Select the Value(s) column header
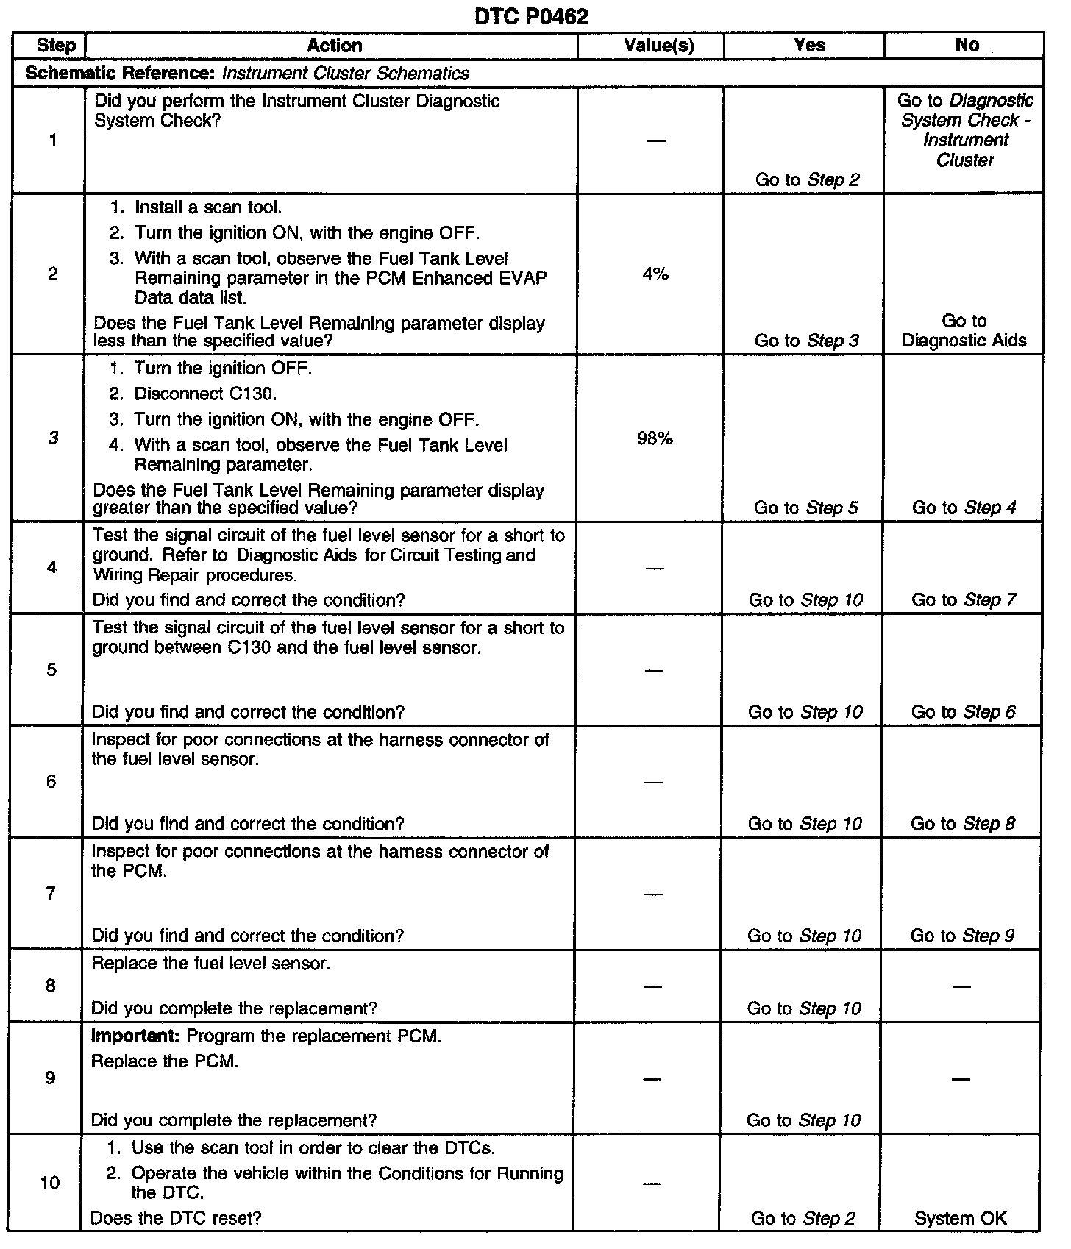pos(658,46)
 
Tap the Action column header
pos(334,46)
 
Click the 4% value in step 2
pos(655,274)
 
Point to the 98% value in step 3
pos(655,439)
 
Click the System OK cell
pos(960,1218)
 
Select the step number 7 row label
pos(51,893)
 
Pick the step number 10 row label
pos(50,1182)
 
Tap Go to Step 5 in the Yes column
pos(806,508)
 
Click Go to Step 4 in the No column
pos(964,508)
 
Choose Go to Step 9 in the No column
pos(962,936)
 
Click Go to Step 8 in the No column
pos(963,824)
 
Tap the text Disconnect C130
pos(205,394)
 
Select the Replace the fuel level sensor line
pos(210,964)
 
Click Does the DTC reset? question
pos(176,1218)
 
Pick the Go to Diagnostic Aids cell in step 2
pos(964,331)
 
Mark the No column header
pos(967,46)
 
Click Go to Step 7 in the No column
pos(964,600)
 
